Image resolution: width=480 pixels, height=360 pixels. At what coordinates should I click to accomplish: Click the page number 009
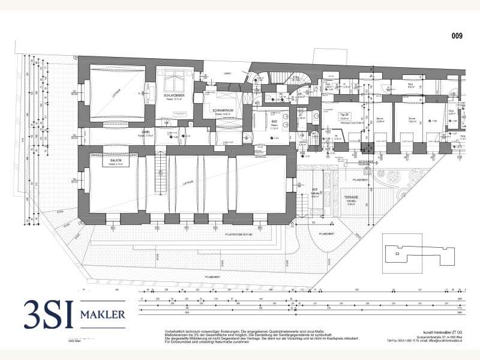point(457,36)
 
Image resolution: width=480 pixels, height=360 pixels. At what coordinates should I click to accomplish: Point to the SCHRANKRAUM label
point(215,111)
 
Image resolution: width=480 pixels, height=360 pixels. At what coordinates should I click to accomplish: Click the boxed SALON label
point(115,161)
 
